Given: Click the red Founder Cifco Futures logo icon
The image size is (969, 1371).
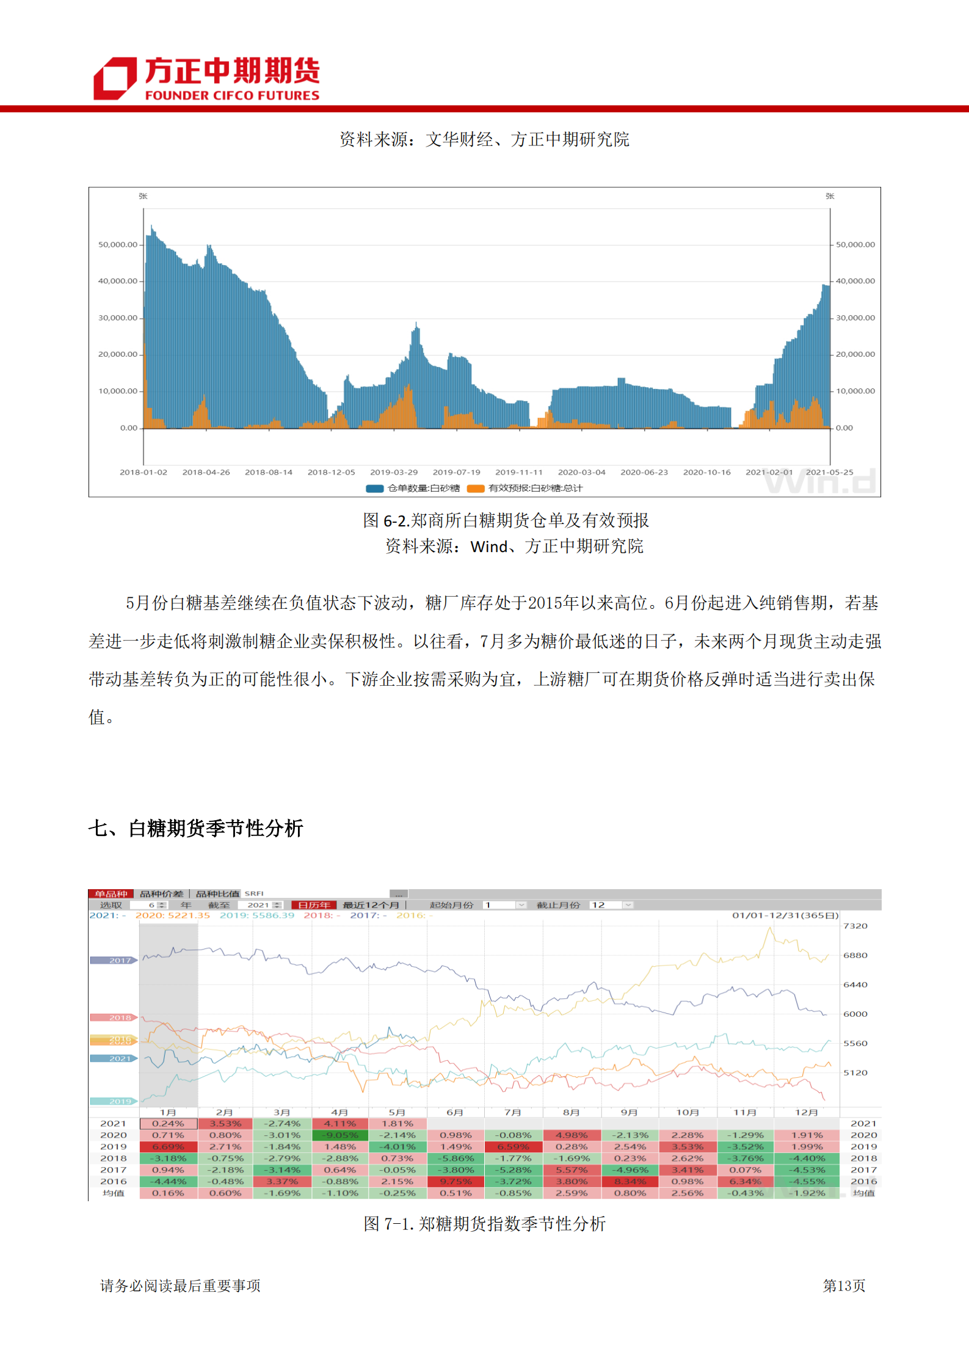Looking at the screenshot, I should [115, 78].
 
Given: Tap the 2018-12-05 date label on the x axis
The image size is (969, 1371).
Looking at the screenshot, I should [331, 472].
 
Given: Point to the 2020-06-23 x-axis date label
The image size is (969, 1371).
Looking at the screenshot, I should [644, 472].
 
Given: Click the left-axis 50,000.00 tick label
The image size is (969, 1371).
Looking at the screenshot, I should [118, 244].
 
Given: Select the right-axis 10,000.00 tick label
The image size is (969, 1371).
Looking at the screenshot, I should [855, 391].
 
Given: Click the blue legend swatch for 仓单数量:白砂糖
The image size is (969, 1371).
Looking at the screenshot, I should [374, 489].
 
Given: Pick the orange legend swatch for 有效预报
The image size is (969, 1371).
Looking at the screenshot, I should [475, 489].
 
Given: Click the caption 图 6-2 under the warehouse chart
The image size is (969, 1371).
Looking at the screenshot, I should [506, 520].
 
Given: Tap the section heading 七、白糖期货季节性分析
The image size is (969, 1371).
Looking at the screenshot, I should [195, 828].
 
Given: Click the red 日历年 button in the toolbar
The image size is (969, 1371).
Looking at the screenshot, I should [314, 905].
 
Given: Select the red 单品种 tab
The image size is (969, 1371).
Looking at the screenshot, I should [111, 894].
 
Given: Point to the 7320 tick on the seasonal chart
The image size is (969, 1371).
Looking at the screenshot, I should [855, 926].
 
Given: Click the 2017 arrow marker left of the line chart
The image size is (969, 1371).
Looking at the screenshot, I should [114, 960].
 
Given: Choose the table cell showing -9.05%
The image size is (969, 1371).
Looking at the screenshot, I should [339, 1135].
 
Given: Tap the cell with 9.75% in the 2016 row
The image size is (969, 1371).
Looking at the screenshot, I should [455, 1182].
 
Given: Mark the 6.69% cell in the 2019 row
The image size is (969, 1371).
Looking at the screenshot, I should [168, 1147].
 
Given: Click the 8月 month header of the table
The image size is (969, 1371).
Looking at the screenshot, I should [571, 1113].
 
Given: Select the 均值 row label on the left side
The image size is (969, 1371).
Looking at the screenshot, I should [114, 1193].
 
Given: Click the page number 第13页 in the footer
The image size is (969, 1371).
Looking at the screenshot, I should [844, 1286].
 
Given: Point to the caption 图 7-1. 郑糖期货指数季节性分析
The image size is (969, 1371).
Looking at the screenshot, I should [484, 1224].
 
